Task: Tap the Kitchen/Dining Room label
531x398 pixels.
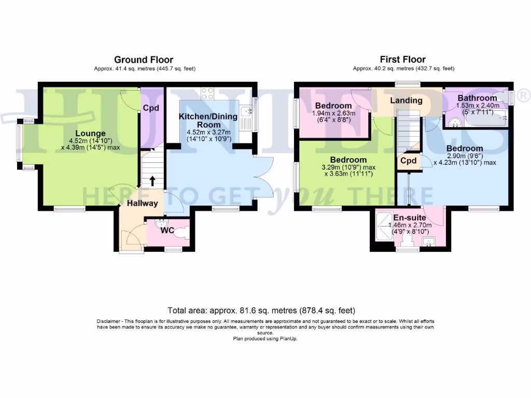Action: coord(208,121)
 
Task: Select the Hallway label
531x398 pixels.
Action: coord(143,203)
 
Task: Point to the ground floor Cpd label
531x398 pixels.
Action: coord(150,109)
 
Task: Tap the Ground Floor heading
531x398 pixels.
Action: coord(144,60)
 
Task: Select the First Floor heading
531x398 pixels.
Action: coord(403,60)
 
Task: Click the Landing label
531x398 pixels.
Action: coord(406,101)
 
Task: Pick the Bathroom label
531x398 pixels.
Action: coord(477,97)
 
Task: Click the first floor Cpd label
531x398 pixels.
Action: coord(409,161)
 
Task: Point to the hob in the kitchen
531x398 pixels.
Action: coord(208,93)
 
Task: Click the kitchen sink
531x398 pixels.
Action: coord(249,110)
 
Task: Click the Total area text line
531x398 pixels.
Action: coord(261,311)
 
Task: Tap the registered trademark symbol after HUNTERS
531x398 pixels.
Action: coord(524,95)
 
